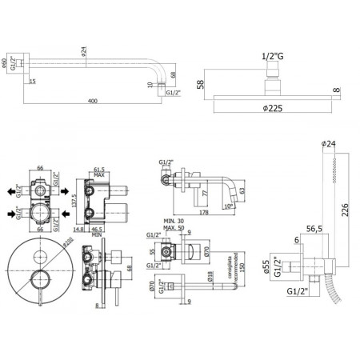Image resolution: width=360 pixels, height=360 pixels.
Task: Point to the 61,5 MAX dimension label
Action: coord(101,174)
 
